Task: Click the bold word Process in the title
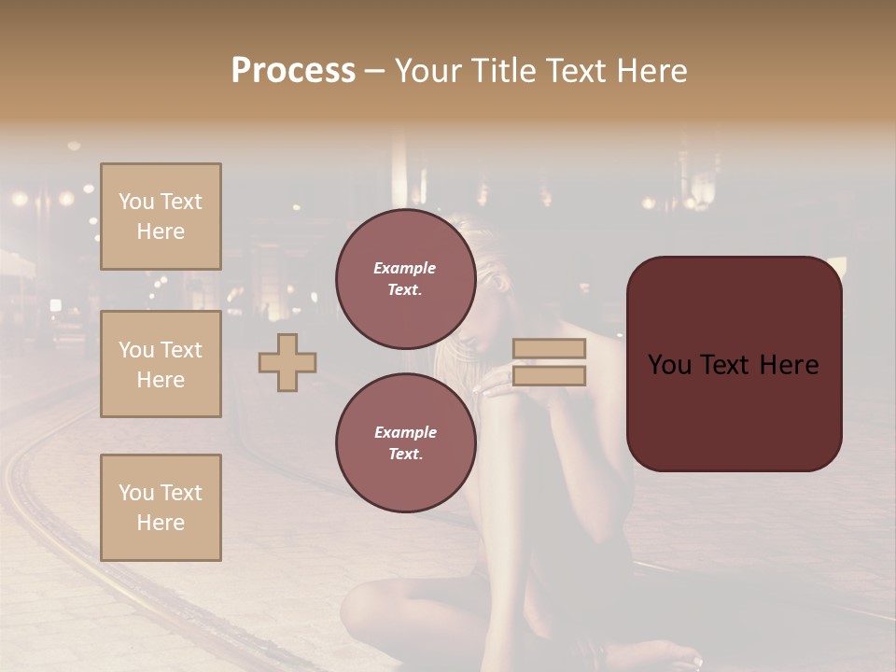point(293,71)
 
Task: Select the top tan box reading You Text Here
point(161,217)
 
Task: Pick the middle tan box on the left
point(161,364)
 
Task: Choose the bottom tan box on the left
point(161,508)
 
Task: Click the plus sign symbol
point(287,362)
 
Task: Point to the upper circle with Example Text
point(405,279)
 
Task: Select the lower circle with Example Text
point(405,443)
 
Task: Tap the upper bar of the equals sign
point(550,348)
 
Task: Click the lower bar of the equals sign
point(550,375)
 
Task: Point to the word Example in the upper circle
point(405,268)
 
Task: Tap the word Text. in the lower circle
point(405,455)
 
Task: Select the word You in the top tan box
point(136,202)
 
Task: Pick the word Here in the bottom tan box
point(161,523)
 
